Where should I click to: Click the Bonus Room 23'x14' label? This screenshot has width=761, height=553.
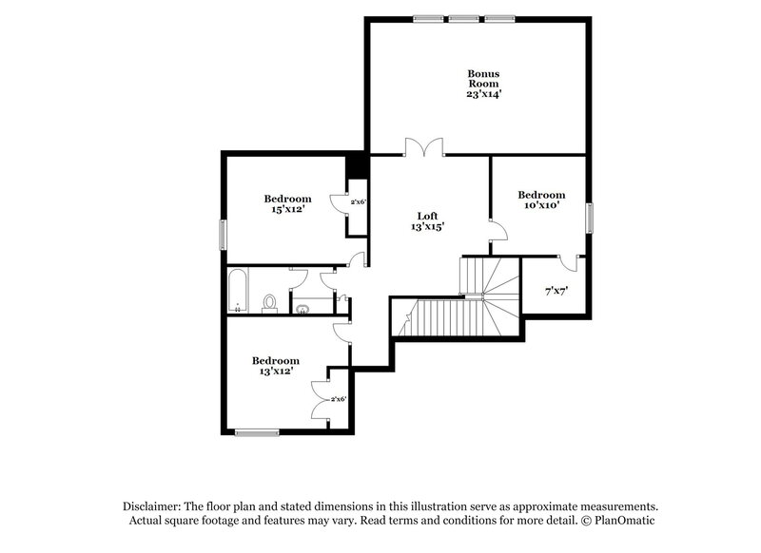pyautogui.click(x=483, y=84)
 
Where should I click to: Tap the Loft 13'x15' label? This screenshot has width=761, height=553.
pyautogui.click(x=427, y=221)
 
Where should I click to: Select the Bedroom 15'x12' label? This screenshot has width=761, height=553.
pyautogui.click(x=287, y=204)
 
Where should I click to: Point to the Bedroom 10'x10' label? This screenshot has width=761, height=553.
pyautogui.click(x=541, y=200)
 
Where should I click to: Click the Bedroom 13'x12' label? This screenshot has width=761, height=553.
pyautogui.click(x=275, y=366)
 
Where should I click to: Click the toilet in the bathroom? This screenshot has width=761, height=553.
pyautogui.click(x=270, y=302)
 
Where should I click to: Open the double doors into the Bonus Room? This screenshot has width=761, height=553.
pyautogui.click(x=423, y=147)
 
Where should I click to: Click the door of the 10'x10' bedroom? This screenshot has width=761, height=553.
pyautogui.click(x=498, y=228)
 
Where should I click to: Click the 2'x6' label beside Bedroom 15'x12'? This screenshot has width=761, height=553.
pyautogui.click(x=359, y=201)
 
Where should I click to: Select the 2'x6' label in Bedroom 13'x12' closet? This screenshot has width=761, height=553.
pyautogui.click(x=338, y=400)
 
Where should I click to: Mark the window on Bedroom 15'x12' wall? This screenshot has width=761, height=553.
pyautogui.click(x=224, y=234)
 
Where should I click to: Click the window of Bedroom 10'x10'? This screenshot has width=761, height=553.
pyautogui.click(x=590, y=218)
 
